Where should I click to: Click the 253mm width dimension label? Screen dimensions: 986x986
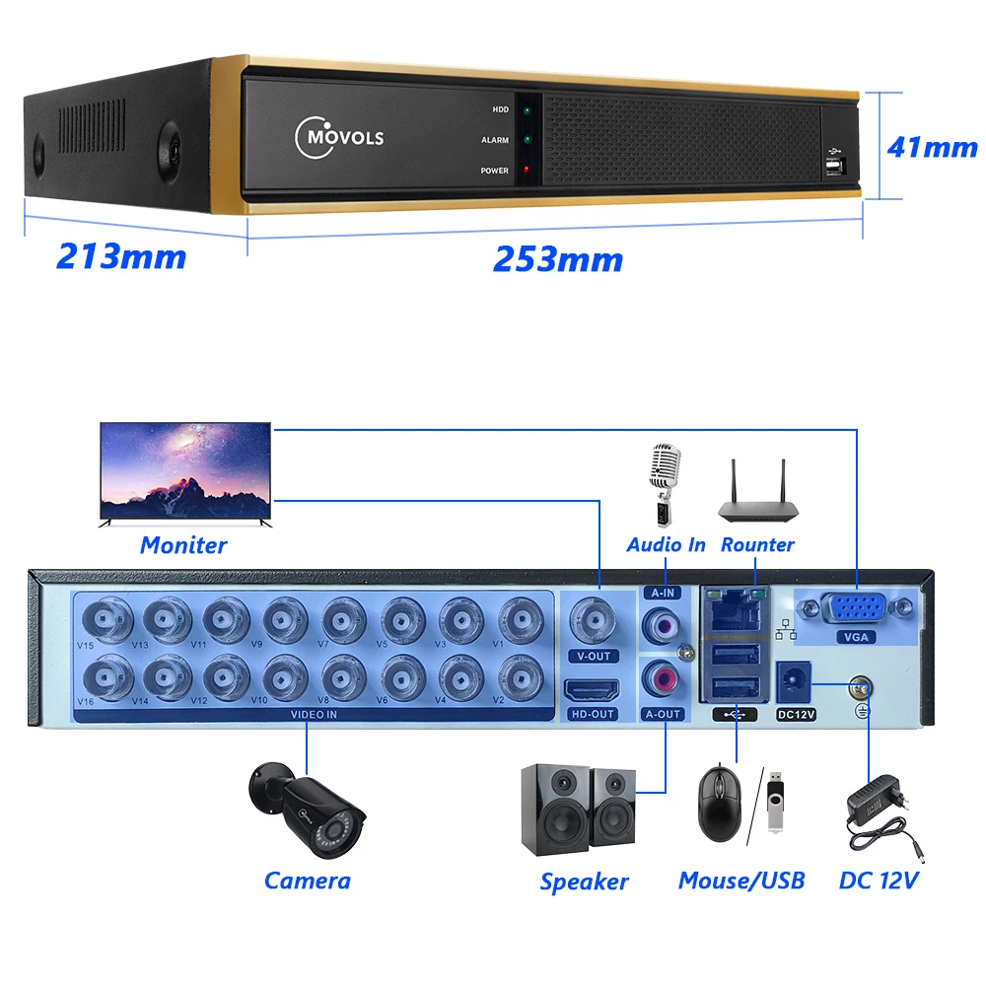[x=557, y=259]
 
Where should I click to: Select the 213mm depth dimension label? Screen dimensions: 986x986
[x=121, y=256]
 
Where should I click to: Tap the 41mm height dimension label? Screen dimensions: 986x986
[x=932, y=147]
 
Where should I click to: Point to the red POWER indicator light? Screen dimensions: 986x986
[x=528, y=170]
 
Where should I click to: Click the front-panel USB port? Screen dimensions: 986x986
[x=834, y=166]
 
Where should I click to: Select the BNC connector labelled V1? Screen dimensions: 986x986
[x=520, y=620]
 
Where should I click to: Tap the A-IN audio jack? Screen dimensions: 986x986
[x=660, y=624]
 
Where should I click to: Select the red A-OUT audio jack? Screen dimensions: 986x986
[x=660, y=678]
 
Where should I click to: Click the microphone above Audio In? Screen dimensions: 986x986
[x=664, y=483]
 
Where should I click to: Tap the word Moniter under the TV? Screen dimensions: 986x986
[x=183, y=544]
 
